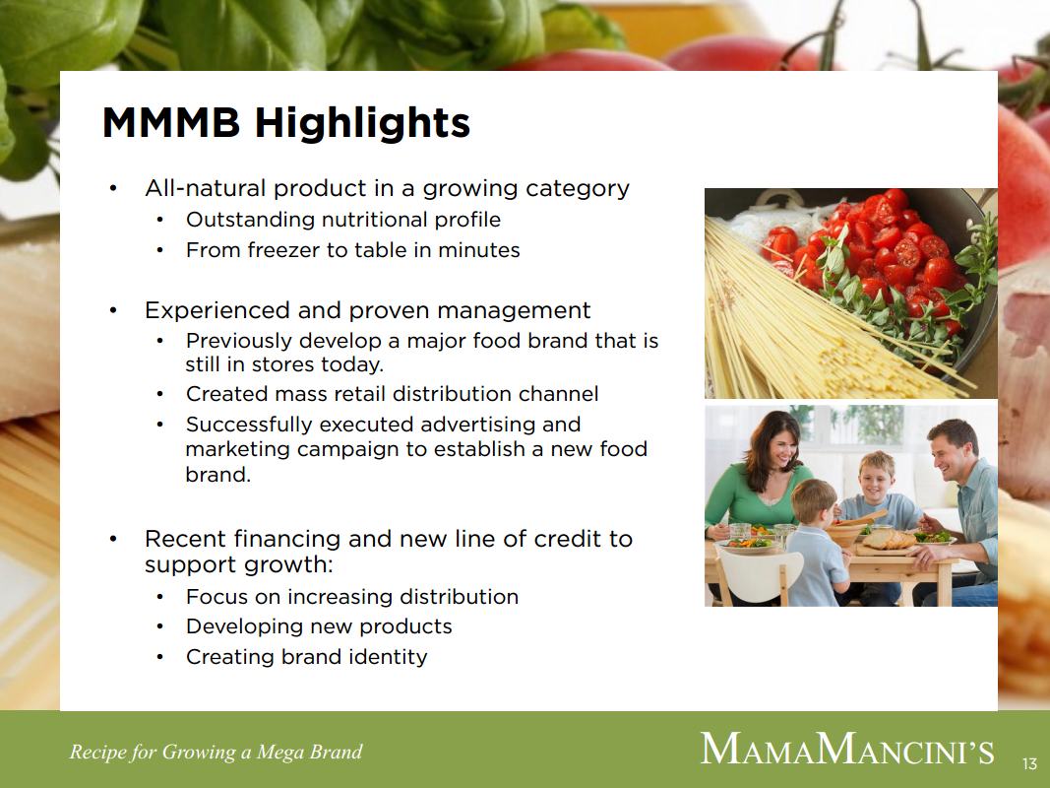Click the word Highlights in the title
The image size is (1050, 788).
click(361, 122)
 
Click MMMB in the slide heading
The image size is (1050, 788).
click(171, 121)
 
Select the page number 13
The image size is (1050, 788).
click(1030, 763)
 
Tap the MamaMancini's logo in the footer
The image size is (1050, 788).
click(847, 750)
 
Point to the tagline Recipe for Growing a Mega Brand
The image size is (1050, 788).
click(216, 752)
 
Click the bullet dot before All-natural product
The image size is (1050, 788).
click(113, 188)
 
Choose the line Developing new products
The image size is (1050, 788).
click(319, 626)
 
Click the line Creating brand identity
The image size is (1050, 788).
click(307, 657)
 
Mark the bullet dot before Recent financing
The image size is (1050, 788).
click(113, 539)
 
